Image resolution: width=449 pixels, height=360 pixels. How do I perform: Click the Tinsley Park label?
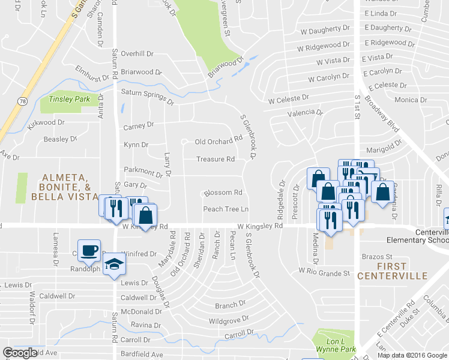[x=65, y=99]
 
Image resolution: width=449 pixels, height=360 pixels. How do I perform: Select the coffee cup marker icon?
[x=89, y=250]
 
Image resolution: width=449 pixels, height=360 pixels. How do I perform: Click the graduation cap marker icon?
[x=113, y=263]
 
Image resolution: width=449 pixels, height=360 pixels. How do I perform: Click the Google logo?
[x=20, y=353]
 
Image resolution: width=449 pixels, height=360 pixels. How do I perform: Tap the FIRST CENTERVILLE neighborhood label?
[x=392, y=271]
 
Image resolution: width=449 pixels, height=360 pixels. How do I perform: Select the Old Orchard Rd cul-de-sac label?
[x=218, y=142]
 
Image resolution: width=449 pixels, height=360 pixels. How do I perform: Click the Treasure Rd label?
[x=215, y=160]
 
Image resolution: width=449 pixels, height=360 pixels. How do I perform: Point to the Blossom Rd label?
[x=223, y=193]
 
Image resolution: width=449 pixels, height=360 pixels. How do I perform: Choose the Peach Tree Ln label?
[x=226, y=209]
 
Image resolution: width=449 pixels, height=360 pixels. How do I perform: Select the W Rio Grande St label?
[x=324, y=273]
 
